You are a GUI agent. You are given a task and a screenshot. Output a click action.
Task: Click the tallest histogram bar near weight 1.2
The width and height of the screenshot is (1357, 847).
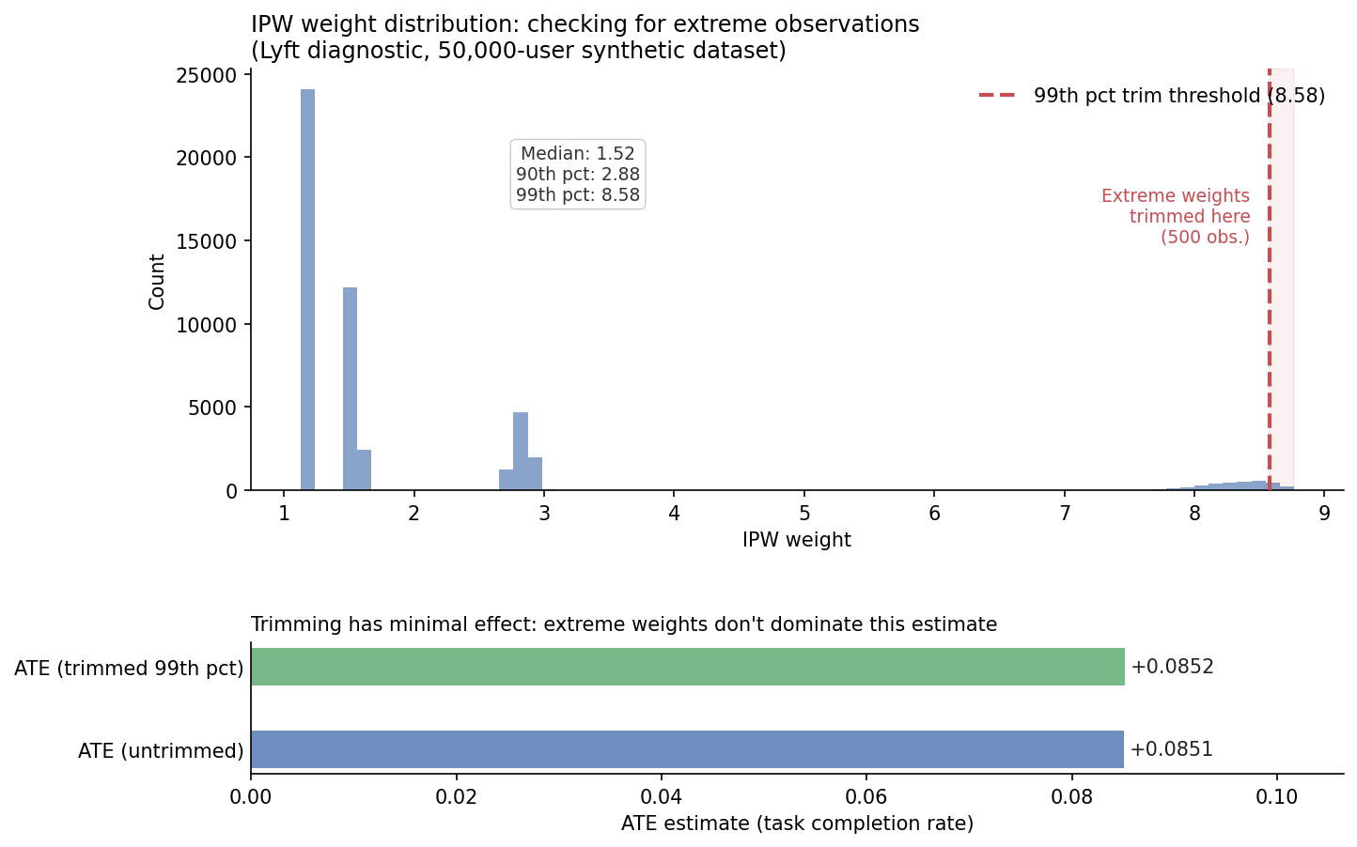click(307, 289)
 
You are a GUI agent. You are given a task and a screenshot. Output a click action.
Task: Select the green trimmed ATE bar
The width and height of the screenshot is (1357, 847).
click(688, 667)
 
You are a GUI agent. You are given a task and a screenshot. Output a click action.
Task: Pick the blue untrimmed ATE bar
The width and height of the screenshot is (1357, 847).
click(687, 749)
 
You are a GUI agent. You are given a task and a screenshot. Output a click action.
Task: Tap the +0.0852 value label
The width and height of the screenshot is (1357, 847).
click(1172, 667)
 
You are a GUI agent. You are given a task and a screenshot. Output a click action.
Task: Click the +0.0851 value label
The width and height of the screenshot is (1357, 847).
click(1172, 749)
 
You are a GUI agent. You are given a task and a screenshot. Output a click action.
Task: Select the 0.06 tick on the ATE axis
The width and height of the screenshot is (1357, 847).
click(866, 796)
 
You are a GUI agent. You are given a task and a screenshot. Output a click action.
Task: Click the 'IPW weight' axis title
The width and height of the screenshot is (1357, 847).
click(797, 539)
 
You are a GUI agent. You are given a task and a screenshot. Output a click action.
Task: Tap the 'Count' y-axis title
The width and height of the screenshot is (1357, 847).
click(157, 282)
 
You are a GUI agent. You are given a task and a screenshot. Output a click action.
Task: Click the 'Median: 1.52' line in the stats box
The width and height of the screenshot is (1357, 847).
click(578, 153)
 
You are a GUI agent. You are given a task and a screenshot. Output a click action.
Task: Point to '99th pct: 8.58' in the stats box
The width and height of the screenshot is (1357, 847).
click(578, 195)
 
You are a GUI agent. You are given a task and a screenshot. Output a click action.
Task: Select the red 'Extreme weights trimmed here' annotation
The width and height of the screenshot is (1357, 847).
click(1176, 216)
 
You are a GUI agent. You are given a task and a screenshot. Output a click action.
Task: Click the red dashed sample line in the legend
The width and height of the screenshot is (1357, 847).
click(997, 95)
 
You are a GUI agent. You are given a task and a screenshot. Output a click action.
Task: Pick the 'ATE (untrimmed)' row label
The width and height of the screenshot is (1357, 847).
click(161, 750)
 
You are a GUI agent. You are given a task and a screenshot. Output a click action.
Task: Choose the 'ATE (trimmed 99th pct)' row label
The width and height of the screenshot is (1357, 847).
click(129, 668)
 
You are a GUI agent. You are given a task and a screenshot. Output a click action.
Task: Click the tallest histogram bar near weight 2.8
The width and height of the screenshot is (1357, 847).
click(521, 451)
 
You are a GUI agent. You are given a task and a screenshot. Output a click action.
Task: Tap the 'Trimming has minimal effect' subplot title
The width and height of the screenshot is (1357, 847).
click(624, 624)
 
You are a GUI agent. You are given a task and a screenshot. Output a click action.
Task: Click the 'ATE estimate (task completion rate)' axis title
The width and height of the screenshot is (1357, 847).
click(797, 824)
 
